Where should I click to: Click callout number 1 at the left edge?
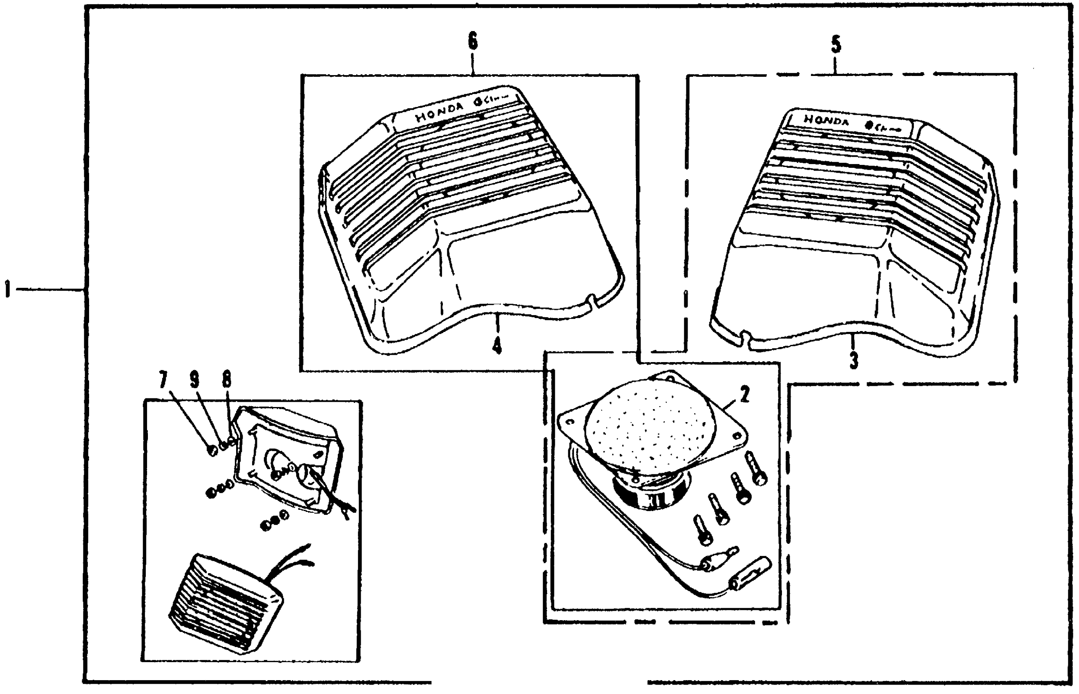7,289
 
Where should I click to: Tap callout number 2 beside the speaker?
744,395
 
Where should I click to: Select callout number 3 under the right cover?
853,360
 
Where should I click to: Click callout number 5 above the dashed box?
836,45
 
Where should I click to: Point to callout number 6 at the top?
473,42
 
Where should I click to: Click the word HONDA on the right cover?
826,120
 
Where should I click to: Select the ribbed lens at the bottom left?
226,602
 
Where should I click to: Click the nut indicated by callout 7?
212,450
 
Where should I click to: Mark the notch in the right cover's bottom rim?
745,337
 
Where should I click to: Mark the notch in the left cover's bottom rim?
592,300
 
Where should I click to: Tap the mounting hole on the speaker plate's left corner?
570,422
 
